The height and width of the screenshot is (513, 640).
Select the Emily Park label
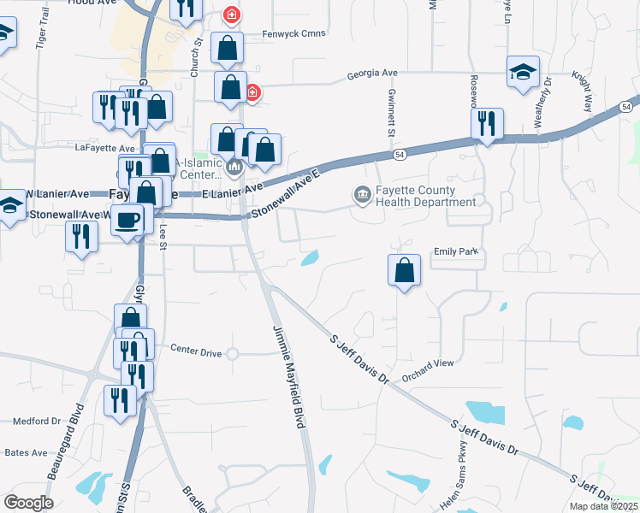coord(459,251)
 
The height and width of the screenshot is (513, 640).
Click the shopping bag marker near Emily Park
coord(404,270)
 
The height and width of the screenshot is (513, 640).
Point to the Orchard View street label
coord(427,363)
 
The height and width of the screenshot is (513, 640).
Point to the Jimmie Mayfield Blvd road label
coord(290,380)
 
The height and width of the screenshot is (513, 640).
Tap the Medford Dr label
coord(38,421)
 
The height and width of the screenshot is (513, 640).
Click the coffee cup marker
coord(127,219)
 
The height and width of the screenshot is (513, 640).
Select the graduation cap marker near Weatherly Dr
coord(523,71)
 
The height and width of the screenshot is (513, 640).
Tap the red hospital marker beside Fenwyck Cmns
coord(231,15)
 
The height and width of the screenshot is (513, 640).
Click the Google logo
coord(28,503)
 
